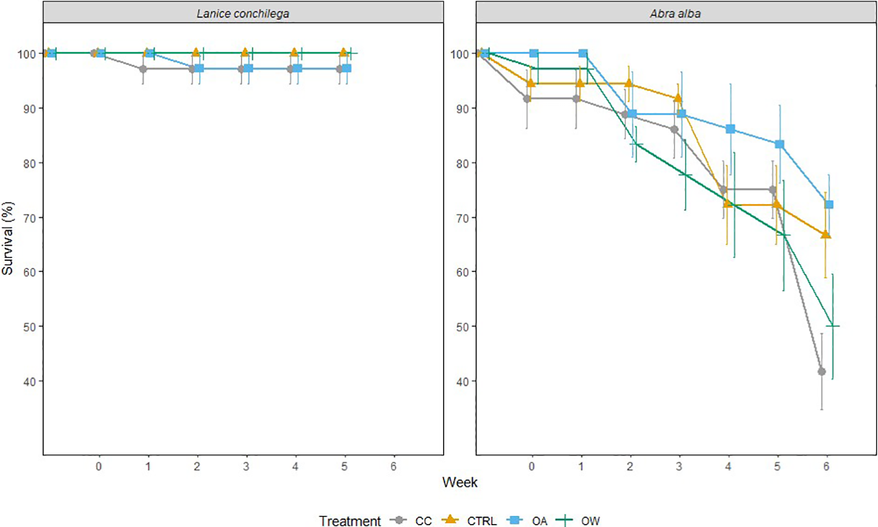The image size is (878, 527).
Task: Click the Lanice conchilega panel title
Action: click(x=243, y=13)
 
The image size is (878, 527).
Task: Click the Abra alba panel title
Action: click(x=675, y=13)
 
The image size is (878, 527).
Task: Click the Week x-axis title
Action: click(x=460, y=482)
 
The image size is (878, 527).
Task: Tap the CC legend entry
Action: click(x=423, y=521)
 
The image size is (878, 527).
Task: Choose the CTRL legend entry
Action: click(x=481, y=521)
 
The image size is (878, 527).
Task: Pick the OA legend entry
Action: click(x=540, y=521)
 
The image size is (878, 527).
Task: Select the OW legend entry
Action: click(x=590, y=521)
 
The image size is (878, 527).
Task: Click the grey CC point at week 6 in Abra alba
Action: click(x=822, y=371)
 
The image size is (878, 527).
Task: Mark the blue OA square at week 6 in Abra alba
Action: click(x=829, y=205)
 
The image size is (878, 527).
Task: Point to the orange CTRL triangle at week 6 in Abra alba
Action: click(x=825, y=234)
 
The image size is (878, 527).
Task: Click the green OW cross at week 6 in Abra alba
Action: click(x=833, y=325)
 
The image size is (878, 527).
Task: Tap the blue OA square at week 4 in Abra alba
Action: click(x=731, y=129)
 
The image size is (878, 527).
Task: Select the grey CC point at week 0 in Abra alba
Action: click(x=527, y=99)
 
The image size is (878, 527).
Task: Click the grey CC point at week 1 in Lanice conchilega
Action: click(x=143, y=69)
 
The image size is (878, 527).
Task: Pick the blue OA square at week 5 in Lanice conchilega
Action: click(x=347, y=68)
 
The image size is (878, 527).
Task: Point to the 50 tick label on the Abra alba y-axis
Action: click(x=462, y=326)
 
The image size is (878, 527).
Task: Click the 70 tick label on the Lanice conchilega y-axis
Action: click(x=29, y=218)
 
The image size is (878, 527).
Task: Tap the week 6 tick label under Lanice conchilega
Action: click(x=393, y=466)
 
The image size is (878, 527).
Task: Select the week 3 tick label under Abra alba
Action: click(x=679, y=466)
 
